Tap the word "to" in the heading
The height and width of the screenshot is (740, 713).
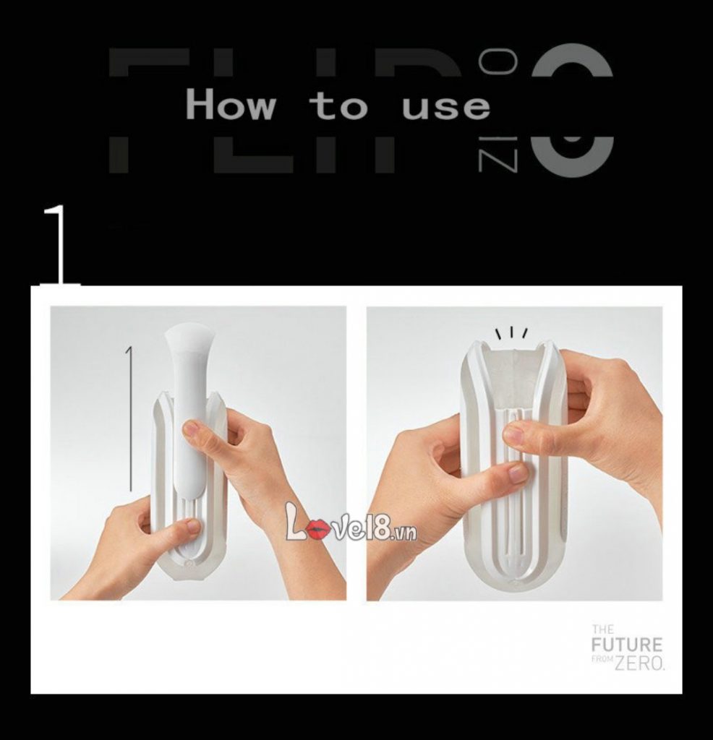338,106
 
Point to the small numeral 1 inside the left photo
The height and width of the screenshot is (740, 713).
129,355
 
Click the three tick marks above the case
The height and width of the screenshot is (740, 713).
511,333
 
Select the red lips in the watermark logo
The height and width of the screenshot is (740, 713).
316,531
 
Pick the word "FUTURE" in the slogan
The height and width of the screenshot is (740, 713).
626,645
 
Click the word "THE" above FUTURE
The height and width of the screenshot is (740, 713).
602,629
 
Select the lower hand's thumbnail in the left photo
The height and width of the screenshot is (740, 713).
192,527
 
